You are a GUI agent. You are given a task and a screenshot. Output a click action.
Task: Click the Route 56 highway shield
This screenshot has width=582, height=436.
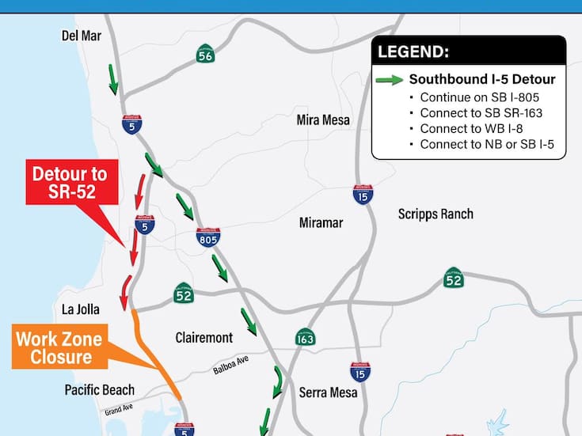click(x=205, y=55)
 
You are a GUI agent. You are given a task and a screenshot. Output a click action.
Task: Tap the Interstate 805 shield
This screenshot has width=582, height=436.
click(x=208, y=236)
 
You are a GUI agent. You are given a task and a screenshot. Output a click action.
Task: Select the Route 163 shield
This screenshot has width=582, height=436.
click(x=305, y=337)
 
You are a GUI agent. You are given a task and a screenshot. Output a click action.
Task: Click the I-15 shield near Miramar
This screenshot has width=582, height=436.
click(x=363, y=195)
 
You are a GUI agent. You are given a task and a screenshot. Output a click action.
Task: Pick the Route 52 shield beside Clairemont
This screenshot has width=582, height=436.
click(x=184, y=294)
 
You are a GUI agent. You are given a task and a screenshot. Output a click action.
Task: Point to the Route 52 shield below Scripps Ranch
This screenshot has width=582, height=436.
click(x=453, y=278)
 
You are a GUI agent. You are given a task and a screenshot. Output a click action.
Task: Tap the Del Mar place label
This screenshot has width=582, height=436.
click(x=82, y=36)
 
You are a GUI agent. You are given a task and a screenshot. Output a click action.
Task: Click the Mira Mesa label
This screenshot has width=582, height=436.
click(x=323, y=120)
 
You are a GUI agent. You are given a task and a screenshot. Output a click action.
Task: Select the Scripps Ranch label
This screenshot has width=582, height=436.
click(x=436, y=214)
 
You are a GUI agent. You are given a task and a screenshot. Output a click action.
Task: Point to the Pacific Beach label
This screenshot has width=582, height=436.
click(x=100, y=390)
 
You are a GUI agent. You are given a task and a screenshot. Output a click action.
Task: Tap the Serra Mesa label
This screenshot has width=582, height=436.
click(x=328, y=392)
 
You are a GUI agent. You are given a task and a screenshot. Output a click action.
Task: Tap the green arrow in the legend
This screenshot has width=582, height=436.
click(x=390, y=80)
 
